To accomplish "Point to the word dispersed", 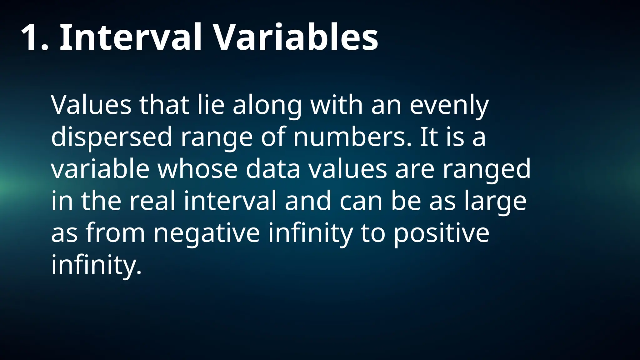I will coord(112,137).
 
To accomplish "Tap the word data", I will coord(273,169).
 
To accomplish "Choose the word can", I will coord(361,201).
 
